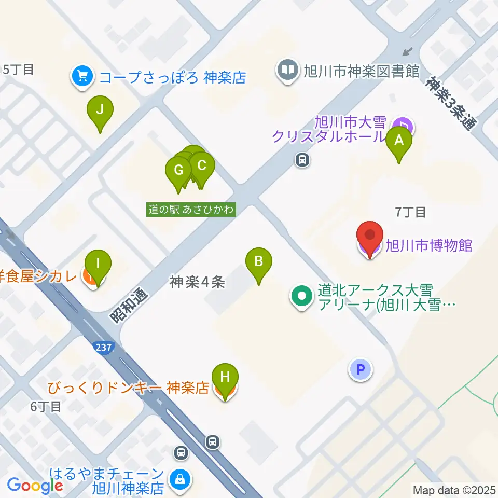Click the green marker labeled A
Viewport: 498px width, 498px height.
pyautogui.click(x=399, y=141)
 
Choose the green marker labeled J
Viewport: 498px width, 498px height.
pyautogui.click(x=100, y=111)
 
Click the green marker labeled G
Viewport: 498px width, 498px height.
pyautogui.click(x=178, y=171)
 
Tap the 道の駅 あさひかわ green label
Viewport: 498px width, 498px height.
pyautogui.click(x=191, y=210)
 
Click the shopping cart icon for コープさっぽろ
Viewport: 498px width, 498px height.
pyautogui.click(x=82, y=77)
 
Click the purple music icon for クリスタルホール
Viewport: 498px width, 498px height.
pyautogui.click(x=403, y=125)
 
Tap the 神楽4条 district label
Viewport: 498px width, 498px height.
pyautogui.click(x=197, y=282)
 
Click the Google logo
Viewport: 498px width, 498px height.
pyautogui.click(x=35, y=486)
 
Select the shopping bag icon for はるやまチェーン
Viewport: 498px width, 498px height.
pyautogui.click(x=179, y=479)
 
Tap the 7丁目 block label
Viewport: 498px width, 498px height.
pyautogui.click(x=410, y=212)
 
